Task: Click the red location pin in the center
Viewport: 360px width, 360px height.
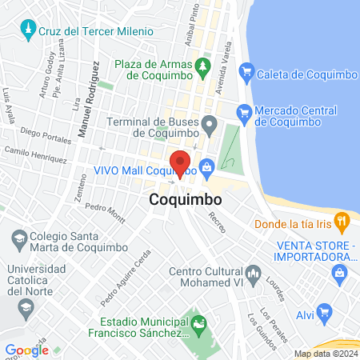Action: [x=181, y=162]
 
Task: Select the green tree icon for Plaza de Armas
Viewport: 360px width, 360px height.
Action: [x=205, y=65]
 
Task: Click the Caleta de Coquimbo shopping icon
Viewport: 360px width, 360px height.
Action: [x=246, y=74]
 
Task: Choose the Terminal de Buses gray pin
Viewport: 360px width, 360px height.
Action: [x=210, y=123]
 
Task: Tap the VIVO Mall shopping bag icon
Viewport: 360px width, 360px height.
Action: [x=207, y=167]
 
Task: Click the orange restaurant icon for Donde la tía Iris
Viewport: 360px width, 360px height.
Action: [x=342, y=220]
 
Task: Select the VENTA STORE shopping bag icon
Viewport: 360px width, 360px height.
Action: [x=341, y=273]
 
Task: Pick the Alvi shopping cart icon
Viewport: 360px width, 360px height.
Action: [x=324, y=310]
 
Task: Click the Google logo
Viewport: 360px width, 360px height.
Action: [x=26, y=350]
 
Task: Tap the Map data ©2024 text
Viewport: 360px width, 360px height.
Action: [x=325, y=354]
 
